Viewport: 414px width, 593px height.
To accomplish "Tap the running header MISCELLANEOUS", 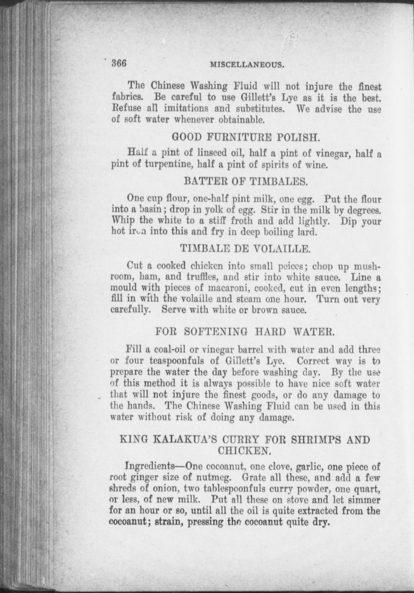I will coord(247,65).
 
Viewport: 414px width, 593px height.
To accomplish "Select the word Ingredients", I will coord(148,467).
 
